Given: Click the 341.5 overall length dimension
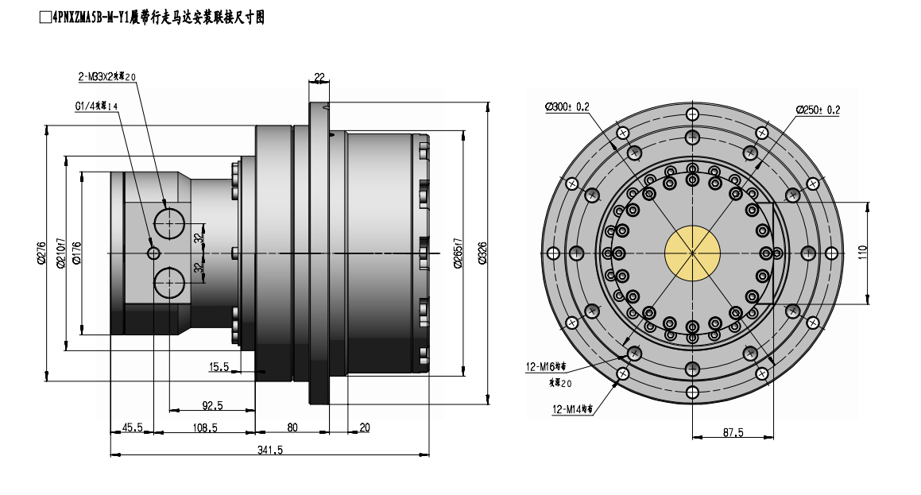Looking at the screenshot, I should click(x=270, y=450).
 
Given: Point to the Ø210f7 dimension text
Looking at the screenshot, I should click(x=60, y=253).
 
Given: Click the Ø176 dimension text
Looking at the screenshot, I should click(x=76, y=253).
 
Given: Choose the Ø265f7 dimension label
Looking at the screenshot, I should click(x=458, y=253).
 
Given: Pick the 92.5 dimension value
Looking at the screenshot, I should click(x=212, y=405).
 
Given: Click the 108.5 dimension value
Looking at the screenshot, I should click(x=204, y=427).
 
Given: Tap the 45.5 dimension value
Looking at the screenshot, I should click(x=131, y=427).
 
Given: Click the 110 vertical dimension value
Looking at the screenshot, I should click(x=863, y=253).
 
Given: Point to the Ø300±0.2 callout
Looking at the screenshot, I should click(x=567, y=107).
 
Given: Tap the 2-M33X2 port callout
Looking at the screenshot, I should click(x=107, y=77).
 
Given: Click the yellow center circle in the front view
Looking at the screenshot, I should click(x=692, y=253).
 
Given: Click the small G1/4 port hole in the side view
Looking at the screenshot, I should click(x=153, y=253).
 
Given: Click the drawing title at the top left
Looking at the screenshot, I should click(x=151, y=16).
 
